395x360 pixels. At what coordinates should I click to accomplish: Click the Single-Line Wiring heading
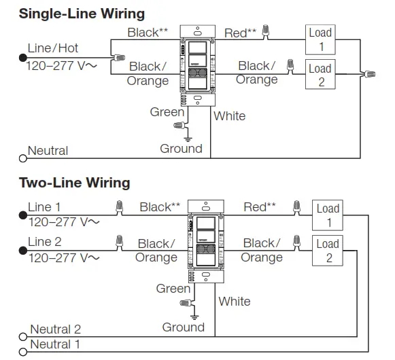(x=82, y=13)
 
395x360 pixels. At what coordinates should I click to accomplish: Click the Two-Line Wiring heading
(x=74, y=183)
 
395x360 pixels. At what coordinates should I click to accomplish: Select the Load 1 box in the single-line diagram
(x=320, y=40)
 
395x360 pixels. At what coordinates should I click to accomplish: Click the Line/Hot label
(x=53, y=48)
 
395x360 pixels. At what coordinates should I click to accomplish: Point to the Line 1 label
(x=44, y=207)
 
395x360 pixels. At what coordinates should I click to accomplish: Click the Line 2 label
(x=44, y=242)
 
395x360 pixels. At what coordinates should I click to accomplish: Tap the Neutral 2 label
(x=56, y=330)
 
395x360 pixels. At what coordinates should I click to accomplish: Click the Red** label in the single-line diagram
(x=241, y=32)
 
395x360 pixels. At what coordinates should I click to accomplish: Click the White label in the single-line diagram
(x=229, y=116)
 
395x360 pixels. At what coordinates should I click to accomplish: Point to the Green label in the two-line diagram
(x=173, y=289)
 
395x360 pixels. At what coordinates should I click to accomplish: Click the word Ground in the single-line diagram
(x=181, y=149)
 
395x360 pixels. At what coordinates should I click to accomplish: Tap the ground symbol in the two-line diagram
(x=194, y=317)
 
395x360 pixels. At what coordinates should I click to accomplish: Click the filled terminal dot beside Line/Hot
(x=22, y=59)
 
